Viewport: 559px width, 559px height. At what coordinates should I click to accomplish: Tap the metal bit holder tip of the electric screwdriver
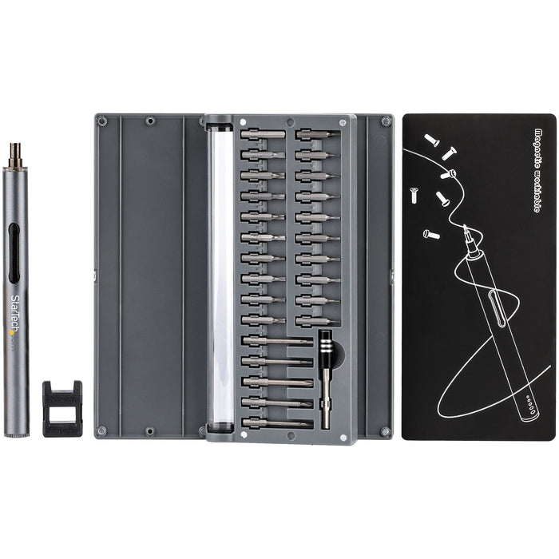click(14, 155)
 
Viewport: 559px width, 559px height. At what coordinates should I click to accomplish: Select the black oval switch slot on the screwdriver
click(15, 253)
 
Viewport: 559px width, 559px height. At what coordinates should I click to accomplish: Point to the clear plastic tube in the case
click(220, 276)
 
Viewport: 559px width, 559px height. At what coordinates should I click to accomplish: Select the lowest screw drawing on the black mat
click(432, 234)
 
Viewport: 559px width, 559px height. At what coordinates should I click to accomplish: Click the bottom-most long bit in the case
click(276, 422)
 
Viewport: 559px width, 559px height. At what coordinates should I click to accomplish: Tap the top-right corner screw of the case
click(386, 121)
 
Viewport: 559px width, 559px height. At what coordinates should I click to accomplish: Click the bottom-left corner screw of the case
click(101, 431)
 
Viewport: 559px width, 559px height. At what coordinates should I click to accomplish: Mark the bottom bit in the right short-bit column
click(316, 321)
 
